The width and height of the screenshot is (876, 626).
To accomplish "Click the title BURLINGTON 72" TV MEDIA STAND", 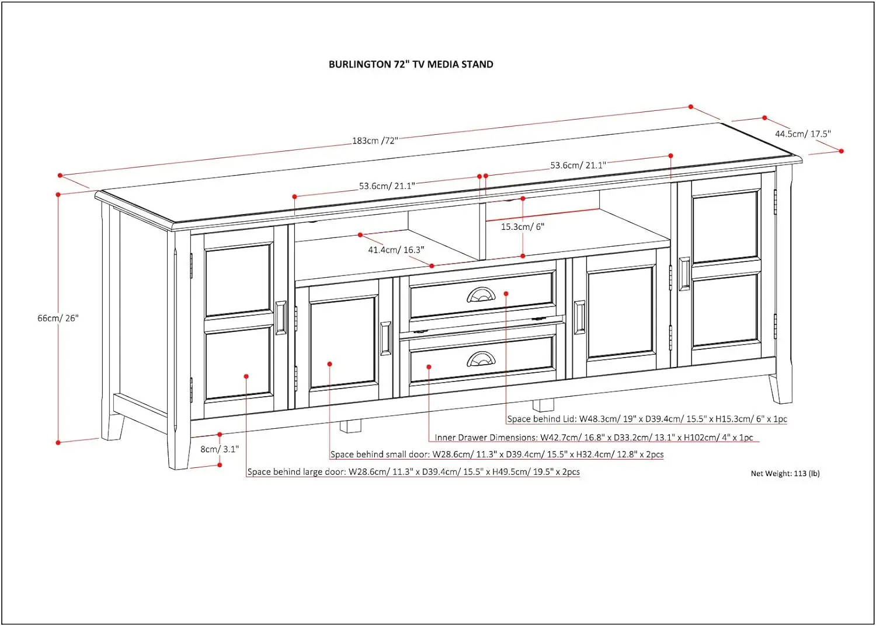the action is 411,64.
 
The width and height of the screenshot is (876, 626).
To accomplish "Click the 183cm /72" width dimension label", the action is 375,141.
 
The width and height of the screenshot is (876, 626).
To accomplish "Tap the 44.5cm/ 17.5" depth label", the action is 802,134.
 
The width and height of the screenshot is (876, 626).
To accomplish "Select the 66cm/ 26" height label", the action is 58,318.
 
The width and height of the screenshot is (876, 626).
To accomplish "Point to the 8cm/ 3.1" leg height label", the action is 220,449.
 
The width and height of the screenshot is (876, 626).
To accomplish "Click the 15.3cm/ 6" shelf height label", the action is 522,226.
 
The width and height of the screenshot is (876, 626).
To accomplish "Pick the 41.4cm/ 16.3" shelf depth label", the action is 396,250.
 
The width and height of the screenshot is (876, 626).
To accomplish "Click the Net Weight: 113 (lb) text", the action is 785,473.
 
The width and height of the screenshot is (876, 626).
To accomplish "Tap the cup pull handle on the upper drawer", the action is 481,296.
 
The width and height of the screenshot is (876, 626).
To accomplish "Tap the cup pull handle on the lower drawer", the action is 481,359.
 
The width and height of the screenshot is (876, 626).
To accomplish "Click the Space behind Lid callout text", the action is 646,419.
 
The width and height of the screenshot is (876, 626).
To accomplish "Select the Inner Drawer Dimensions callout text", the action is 593,438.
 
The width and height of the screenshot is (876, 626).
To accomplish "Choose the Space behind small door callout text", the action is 496,454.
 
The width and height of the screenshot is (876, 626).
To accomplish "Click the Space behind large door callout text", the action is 413,472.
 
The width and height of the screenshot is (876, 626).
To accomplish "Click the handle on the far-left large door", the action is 280,318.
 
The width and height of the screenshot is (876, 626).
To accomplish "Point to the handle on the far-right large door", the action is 684,274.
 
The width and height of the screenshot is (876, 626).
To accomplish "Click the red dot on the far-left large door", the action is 246,376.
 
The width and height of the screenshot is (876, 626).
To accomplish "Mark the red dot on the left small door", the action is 330,364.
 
